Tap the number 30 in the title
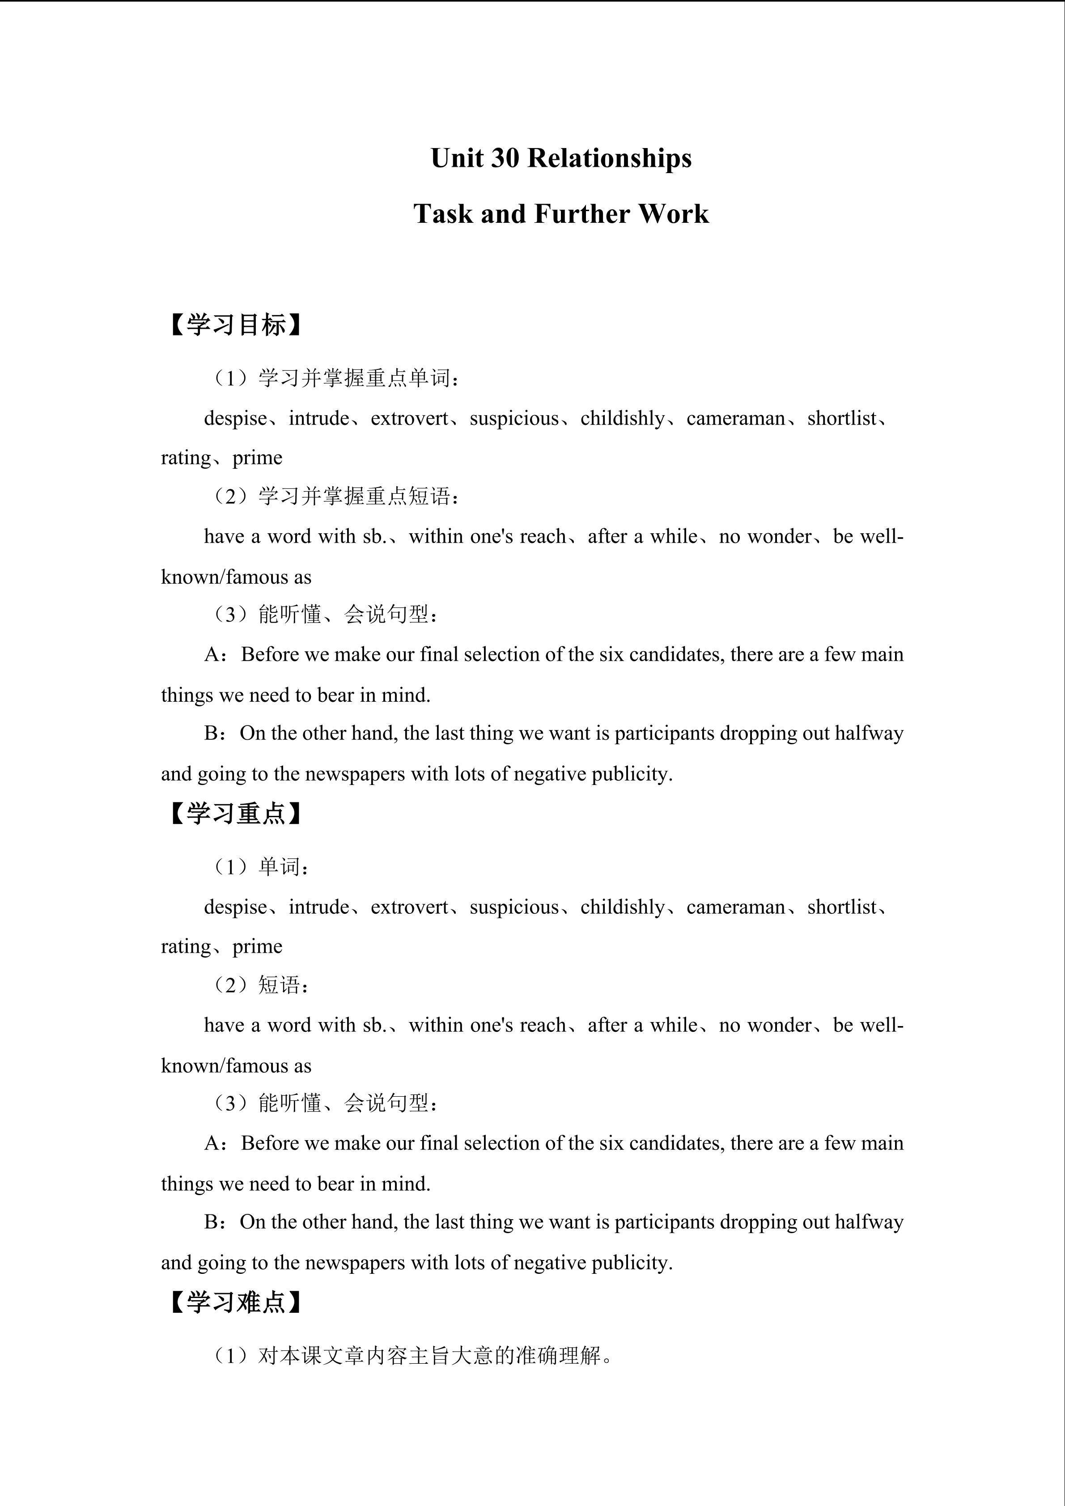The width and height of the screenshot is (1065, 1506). pyautogui.click(x=503, y=158)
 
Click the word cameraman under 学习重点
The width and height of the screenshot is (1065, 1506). pyautogui.click(x=735, y=907)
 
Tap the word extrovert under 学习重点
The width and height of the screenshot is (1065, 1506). pyautogui.click(x=409, y=907)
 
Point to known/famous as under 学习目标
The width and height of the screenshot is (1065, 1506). pyautogui.click(x=236, y=577)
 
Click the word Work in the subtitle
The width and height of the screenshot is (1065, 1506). pyautogui.click(x=674, y=214)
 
